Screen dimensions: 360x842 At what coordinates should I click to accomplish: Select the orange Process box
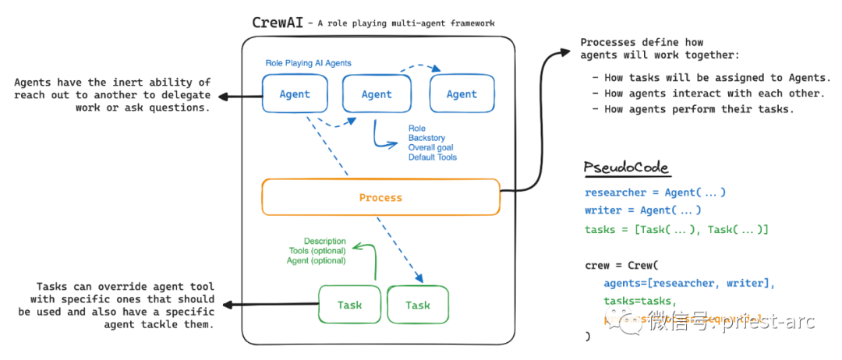(380, 197)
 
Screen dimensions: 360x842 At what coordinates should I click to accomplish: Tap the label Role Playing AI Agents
(308, 62)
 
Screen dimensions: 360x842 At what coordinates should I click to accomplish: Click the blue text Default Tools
(432, 157)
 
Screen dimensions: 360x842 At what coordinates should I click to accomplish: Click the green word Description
(324, 242)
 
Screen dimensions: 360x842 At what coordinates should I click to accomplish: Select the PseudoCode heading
(626, 168)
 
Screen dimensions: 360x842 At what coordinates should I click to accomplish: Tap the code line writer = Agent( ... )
(642, 210)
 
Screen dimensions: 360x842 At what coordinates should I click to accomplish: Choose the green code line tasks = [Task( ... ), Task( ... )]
(676, 229)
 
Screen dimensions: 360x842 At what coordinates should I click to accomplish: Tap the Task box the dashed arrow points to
(418, 305)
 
